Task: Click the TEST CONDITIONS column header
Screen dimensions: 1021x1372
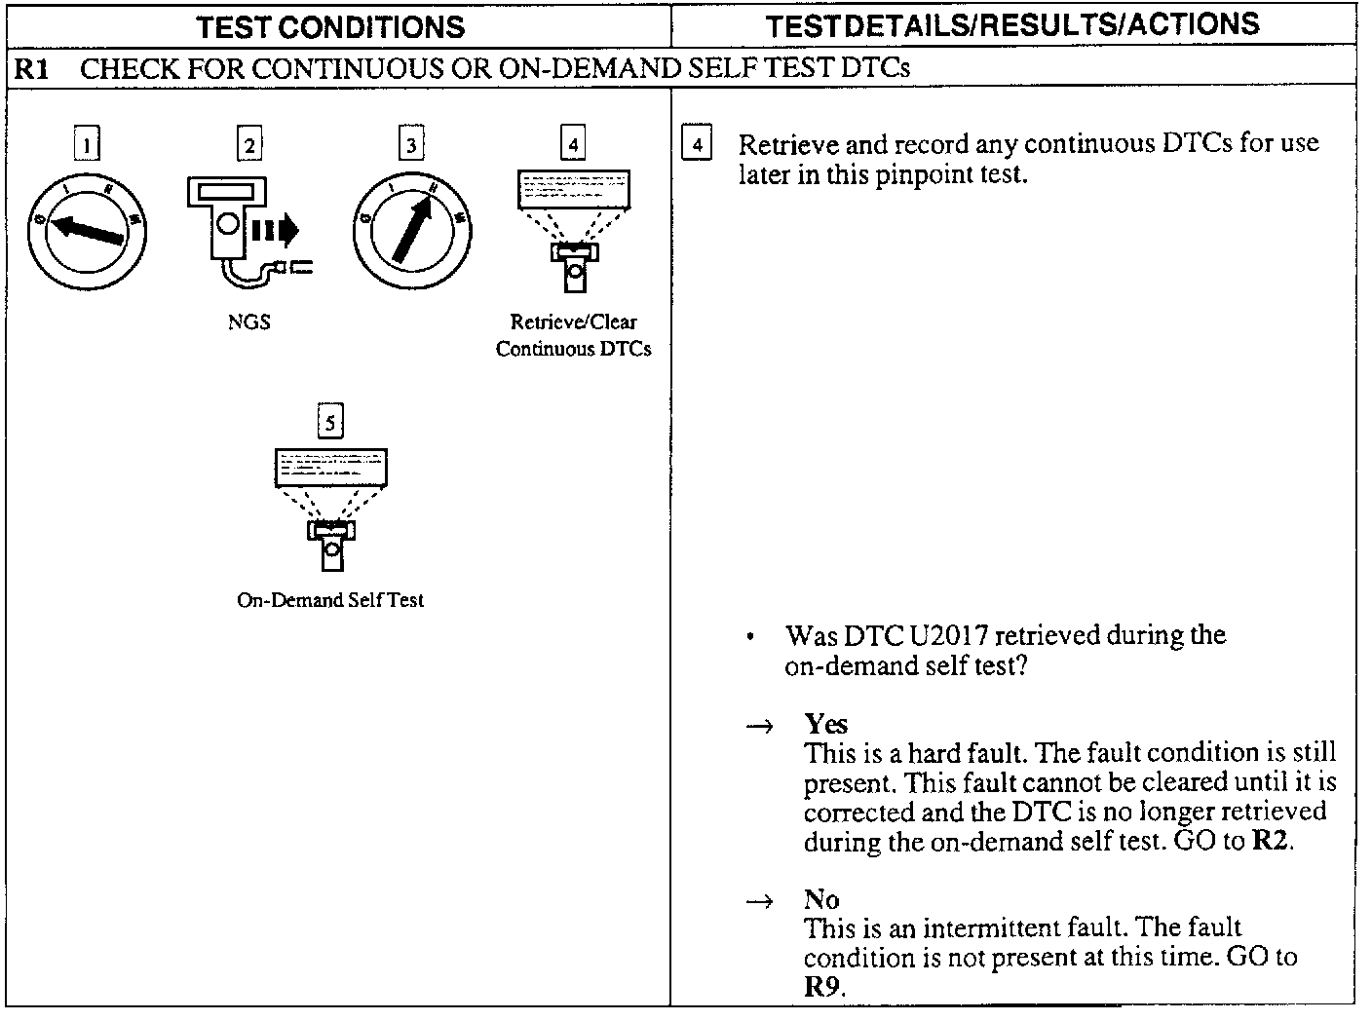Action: [330, 26]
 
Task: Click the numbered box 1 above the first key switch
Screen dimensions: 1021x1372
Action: [87, 144]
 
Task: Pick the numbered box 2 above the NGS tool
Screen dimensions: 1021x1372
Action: [249, 144]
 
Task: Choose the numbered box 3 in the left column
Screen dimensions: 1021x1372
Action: [411, 144]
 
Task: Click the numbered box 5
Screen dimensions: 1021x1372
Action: [331, 422]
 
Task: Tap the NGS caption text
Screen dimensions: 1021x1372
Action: [249, 321]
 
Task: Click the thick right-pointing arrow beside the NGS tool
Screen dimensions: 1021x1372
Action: [277, 231]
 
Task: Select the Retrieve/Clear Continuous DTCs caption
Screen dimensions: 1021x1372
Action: [573, 335]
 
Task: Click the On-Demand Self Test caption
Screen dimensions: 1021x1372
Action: [330, 600]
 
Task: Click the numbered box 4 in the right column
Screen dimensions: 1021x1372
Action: [696, 145]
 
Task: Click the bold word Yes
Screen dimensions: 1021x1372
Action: [825, 724]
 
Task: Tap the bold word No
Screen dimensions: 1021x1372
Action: [821, 899]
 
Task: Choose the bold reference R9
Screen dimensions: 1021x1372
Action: [821, 986]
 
